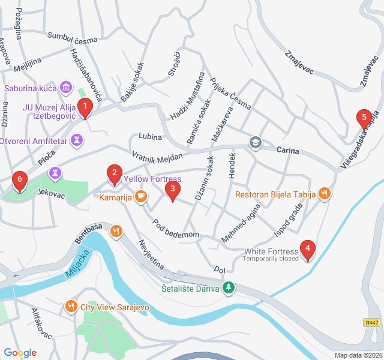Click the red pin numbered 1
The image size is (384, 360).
pos(85,108)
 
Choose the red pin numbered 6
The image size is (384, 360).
pos(20,180)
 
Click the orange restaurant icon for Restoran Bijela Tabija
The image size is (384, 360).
pos(325,193)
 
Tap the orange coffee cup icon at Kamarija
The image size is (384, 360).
pos(141,196)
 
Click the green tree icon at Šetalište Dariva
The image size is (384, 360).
pos(228,288)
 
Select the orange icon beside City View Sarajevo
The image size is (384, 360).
pos(71,307)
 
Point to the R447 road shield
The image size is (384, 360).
pos(372,323)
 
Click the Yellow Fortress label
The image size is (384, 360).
pos(152,179)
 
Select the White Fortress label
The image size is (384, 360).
pos(271,251)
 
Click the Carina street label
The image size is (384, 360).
pos(288,150)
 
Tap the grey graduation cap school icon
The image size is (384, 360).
pos(256,143)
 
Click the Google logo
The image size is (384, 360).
pos(20,353)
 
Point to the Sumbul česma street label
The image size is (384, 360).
pos(72,38)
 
